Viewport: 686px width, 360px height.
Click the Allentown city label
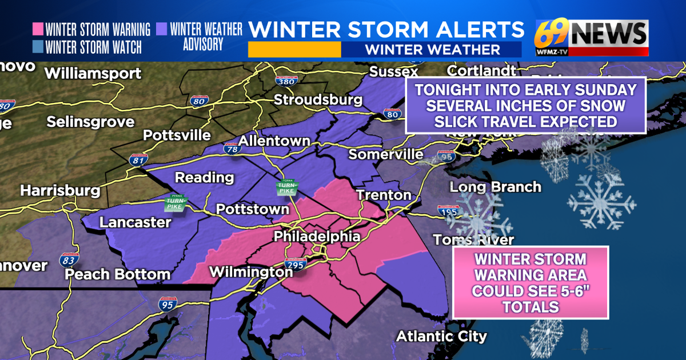point(274,141)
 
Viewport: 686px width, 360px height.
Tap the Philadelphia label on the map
point(317,236)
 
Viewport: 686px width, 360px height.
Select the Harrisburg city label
point(60,190)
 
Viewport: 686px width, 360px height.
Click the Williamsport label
point(93,73)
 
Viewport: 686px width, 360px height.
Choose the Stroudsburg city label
point(318,99)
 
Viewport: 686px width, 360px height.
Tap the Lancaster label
point(135,222)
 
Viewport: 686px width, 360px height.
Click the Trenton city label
point(384,195)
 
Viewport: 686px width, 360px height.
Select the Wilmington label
point(251,272)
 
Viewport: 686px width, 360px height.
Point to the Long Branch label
point(495,187)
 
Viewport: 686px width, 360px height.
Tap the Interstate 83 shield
point(69,260)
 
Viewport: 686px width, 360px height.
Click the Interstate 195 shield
point(448,211)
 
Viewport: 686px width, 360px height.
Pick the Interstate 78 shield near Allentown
point(231,149)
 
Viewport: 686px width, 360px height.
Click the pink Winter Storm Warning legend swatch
point(38,29)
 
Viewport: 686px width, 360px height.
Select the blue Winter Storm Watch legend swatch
point(38,46)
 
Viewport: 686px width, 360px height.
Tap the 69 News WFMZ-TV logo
point(591,38)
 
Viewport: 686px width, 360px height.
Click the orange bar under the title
point(294,49)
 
